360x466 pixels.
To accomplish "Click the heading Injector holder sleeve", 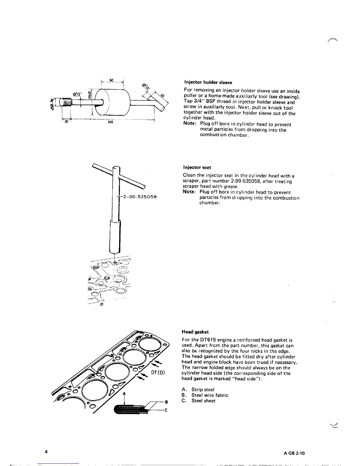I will [208, 82].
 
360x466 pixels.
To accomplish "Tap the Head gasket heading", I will [195, 332].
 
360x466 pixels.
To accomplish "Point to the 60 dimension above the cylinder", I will [112, 80].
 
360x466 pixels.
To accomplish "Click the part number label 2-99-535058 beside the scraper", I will [140, 197].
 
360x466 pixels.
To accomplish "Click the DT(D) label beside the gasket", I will [159, 372].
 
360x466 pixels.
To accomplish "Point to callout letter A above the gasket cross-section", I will [124, 393].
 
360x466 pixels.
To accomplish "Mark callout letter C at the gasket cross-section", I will [166, 411].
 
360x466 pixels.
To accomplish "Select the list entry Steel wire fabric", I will [210, 395].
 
